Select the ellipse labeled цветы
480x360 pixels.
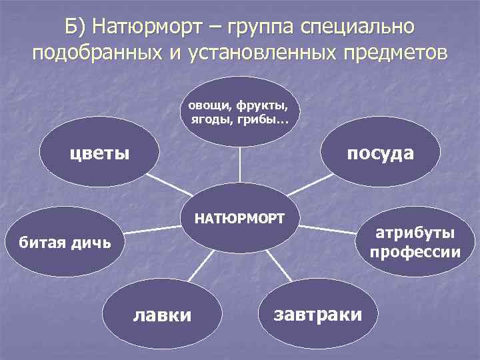pos(100,153)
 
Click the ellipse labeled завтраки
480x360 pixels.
pos(318,313)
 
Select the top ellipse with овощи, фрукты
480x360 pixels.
pos(239,111)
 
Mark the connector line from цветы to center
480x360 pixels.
pos(167,183)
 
